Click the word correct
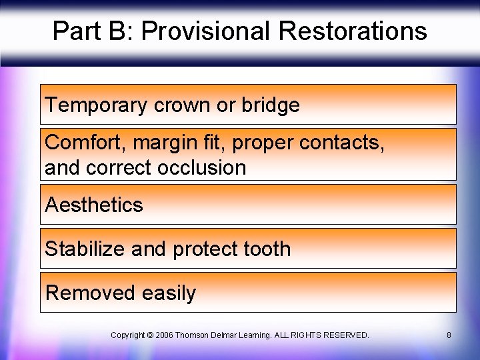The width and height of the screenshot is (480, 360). [x=117, y=167]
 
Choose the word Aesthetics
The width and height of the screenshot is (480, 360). [x=94, y=205]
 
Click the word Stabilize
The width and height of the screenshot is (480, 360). [x=85, y=249]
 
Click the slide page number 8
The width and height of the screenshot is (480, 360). [x=449, y=335]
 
